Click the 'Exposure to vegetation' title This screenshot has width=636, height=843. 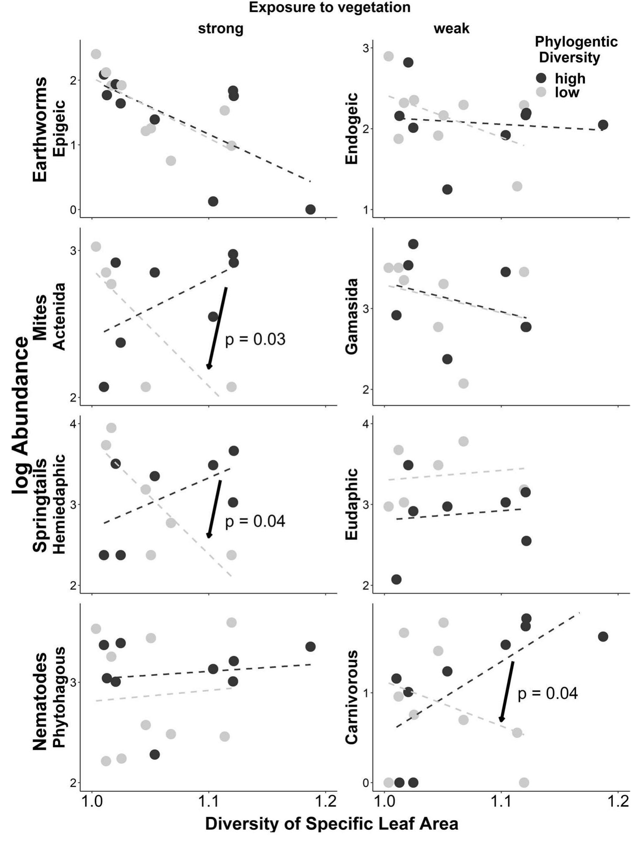click(x=329, y=7)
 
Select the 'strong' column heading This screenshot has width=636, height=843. click(x=221, y=28)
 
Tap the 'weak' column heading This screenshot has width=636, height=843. click(x=451, y=28)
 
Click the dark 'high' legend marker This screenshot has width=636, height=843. click(x=540, y=78)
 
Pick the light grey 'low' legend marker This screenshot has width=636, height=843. click(x=540, y=92)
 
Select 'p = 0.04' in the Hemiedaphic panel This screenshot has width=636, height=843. click(x=255, y=521)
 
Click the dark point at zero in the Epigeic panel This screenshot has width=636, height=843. click(x=311, y=209)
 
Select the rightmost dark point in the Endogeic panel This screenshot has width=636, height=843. click(x=603, y=125)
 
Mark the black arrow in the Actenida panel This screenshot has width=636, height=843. click(x=217, y=328)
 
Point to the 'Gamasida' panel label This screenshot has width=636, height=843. click(x=352, y=316)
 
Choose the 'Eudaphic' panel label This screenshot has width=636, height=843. click(x=352, y=504)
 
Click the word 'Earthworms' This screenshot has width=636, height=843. click(x=40, y=129)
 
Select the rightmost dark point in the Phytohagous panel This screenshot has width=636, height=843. click(x=311, y=647)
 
